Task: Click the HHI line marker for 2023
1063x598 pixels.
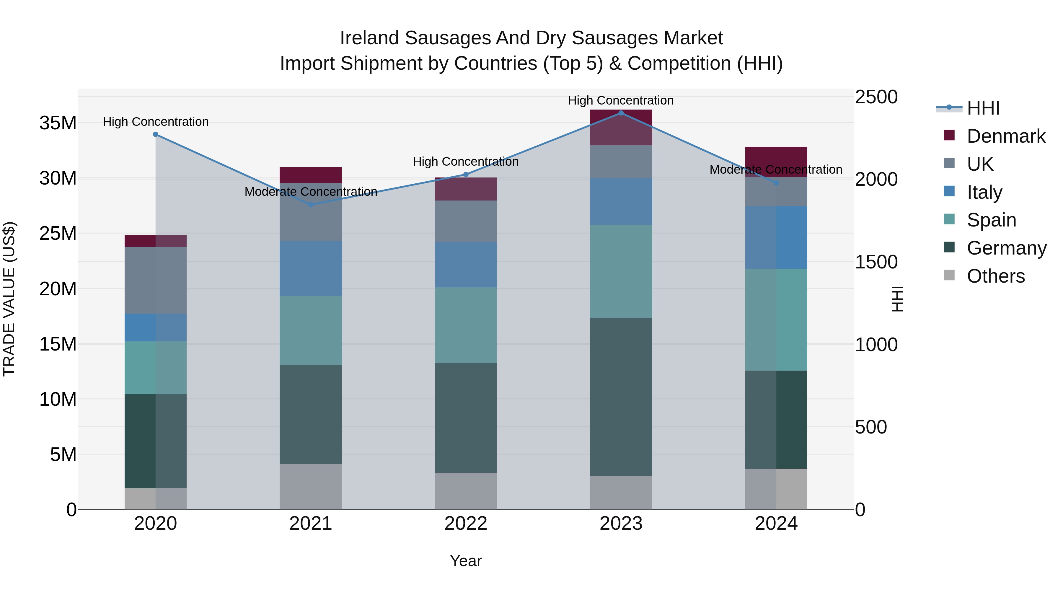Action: tap(621, 113)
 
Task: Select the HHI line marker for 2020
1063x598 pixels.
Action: tap(156, 134)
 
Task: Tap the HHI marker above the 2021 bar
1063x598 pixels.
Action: tap(311, 205)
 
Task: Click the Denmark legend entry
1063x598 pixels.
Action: tap(1006, 136)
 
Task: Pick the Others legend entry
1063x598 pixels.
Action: tap(995, 276)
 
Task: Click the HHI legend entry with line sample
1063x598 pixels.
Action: tap(983, 108)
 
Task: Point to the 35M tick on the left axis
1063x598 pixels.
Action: tap(58, 123)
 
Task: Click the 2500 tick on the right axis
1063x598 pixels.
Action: tap(876, 97)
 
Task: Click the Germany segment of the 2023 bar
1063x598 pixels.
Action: tap(621, 396)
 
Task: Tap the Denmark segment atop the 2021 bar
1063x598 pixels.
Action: tap(311, 175)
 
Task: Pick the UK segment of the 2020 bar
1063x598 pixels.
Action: tap(156, 280)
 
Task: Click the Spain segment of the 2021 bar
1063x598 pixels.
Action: tap(311, 330)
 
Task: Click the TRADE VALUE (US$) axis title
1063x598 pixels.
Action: tap(9, 299)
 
